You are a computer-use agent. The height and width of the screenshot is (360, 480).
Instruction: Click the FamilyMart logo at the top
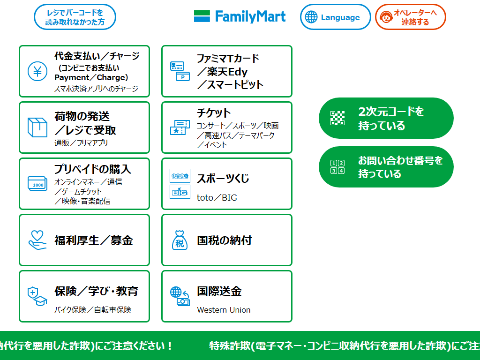[x=240, y=17]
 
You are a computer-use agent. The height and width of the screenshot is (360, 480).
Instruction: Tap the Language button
[x=335, y=17]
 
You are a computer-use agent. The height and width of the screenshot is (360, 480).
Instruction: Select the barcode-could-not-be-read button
[x=75, y=17]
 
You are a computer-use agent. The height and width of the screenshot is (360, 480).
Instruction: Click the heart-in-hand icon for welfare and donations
[x=37, y=240]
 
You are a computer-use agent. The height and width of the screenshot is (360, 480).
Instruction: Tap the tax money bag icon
[x=180, y=240]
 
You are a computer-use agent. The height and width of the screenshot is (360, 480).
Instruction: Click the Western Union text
[x=224, y=310]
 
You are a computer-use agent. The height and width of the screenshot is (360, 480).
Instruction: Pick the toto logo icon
[x=180, y=176]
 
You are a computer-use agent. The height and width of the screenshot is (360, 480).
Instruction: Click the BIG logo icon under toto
[x=180, y=192]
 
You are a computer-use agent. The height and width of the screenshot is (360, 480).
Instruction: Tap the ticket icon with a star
[x=180, y=127]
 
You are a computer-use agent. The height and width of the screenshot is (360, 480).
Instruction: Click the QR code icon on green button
[x=337, y=118]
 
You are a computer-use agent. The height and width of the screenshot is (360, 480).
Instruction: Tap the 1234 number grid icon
[x=337, y=167]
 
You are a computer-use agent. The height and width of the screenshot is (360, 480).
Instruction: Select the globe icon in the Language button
[x=311, y=17]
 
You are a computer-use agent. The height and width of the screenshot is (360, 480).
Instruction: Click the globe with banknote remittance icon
[x=180, y=296]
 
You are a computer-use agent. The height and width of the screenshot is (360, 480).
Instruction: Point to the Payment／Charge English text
[x=91, y=77]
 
